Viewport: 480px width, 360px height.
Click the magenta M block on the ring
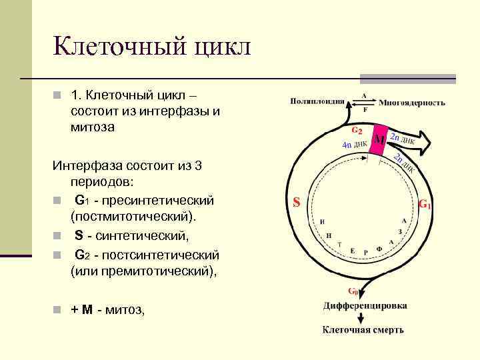378,140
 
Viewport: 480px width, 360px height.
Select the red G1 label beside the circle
425,204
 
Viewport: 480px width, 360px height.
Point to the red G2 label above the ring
357,130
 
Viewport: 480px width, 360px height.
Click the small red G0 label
352,291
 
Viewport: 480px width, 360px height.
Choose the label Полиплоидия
317,102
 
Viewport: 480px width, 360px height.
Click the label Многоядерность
412,103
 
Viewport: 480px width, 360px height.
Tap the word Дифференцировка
365,306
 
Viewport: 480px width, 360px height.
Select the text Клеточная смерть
363,329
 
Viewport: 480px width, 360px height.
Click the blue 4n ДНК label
354,144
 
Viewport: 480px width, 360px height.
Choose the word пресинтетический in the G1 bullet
155,200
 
